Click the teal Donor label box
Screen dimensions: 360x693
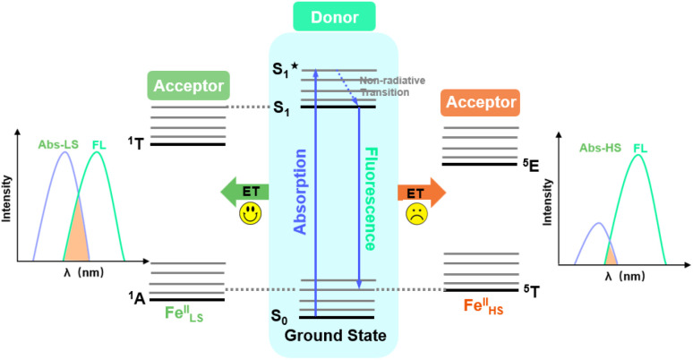(x=333, y=16)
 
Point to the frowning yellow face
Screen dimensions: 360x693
(x=417, y=215)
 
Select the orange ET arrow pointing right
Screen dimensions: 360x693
(x=421, y=191)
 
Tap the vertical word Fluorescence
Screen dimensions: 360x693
(x=369, y=199)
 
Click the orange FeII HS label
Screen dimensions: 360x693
(x=481, y=306)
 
